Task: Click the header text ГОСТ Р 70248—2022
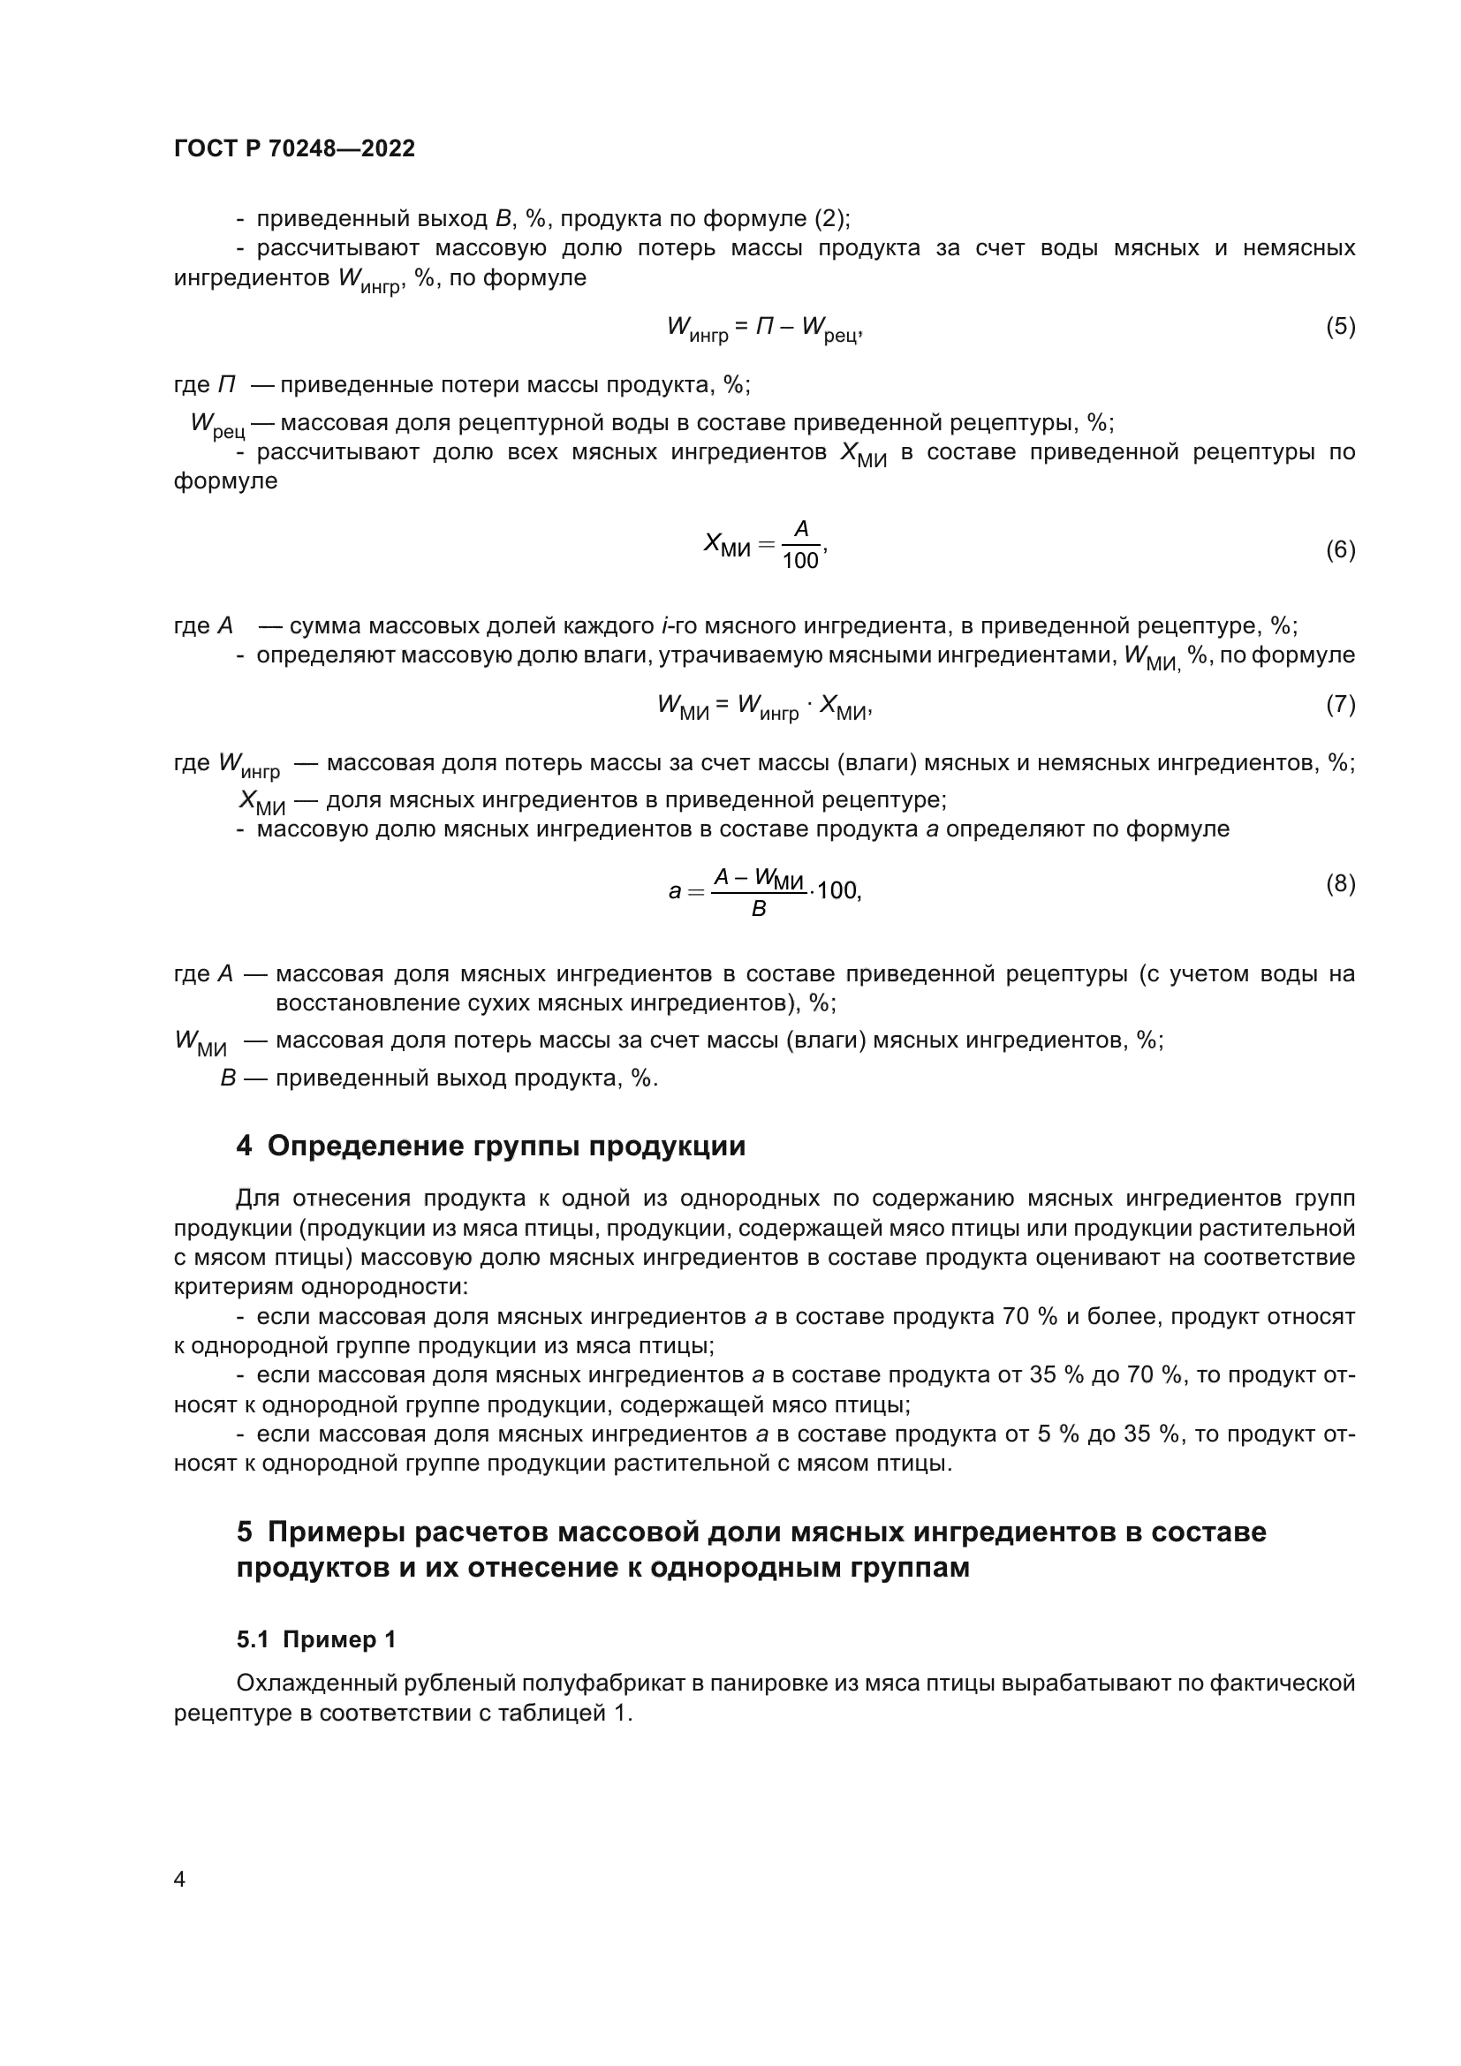pos(294,148)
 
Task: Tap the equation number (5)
pos(1340,326)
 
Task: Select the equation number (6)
pos(1340,549)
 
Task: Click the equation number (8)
pos(1340,883)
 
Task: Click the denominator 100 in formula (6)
pos(799,562)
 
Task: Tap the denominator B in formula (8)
pos(759,910)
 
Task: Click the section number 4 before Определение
pos(245,1147)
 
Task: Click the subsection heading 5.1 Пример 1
pos(317,1639)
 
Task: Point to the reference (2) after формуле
pos(831,219)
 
